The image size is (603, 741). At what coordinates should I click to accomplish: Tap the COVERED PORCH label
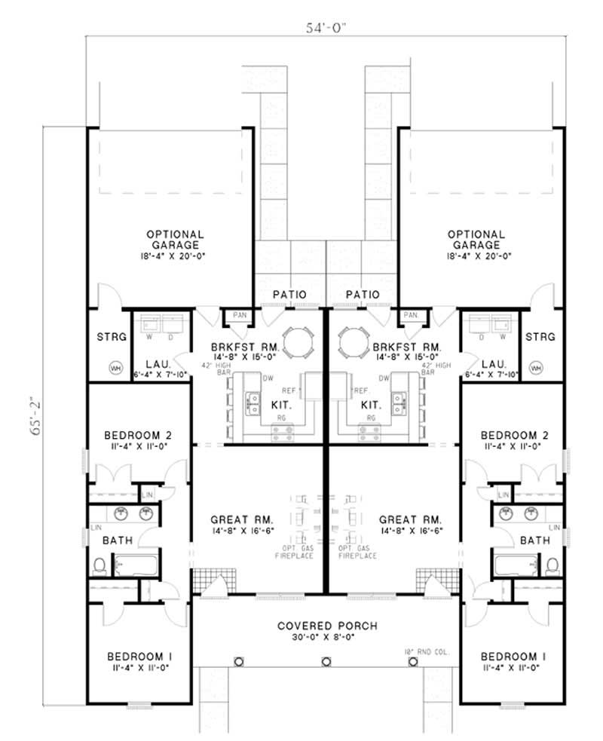326,626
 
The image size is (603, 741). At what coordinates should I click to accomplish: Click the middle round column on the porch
326,662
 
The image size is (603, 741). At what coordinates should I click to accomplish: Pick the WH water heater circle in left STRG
116,368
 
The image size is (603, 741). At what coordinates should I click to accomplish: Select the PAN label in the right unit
411,314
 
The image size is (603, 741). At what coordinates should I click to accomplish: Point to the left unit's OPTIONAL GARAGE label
174,240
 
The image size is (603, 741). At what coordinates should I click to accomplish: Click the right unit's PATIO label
362,294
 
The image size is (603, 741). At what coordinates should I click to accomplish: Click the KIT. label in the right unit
371,404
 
